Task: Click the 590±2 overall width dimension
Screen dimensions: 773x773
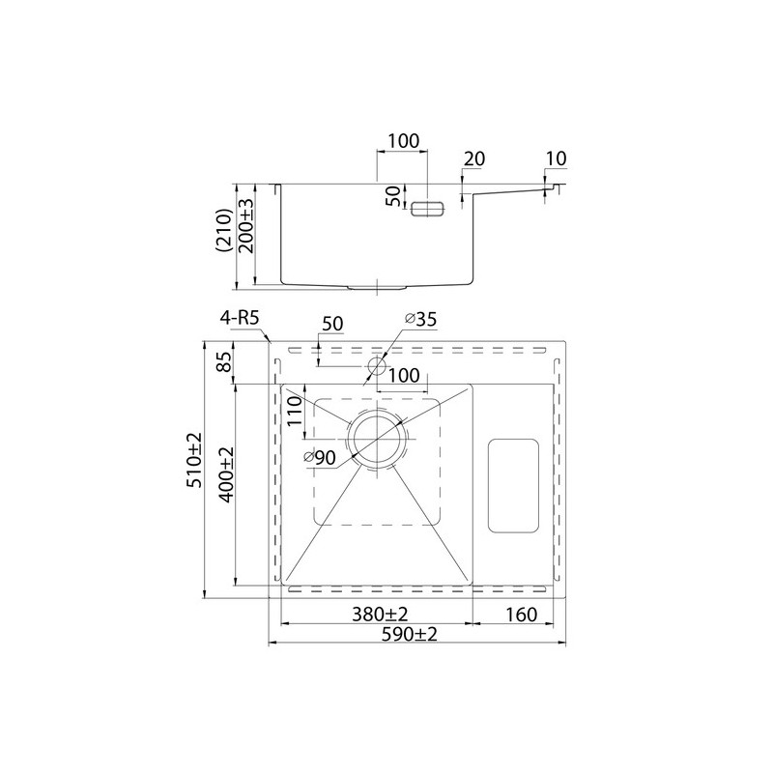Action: tap(410, 635)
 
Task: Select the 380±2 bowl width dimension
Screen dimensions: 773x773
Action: tap(380, 615)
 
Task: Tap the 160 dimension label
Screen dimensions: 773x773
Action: tap(521, 615)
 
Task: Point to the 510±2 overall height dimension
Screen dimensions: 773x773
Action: tap(194, 460)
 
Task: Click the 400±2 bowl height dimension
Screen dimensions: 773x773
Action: tap(225, 474)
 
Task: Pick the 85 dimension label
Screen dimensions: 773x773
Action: tap(224, 362)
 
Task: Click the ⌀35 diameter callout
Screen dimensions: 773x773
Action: tap(420, 320)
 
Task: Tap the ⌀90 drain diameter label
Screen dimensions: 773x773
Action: tap(320, 458)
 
